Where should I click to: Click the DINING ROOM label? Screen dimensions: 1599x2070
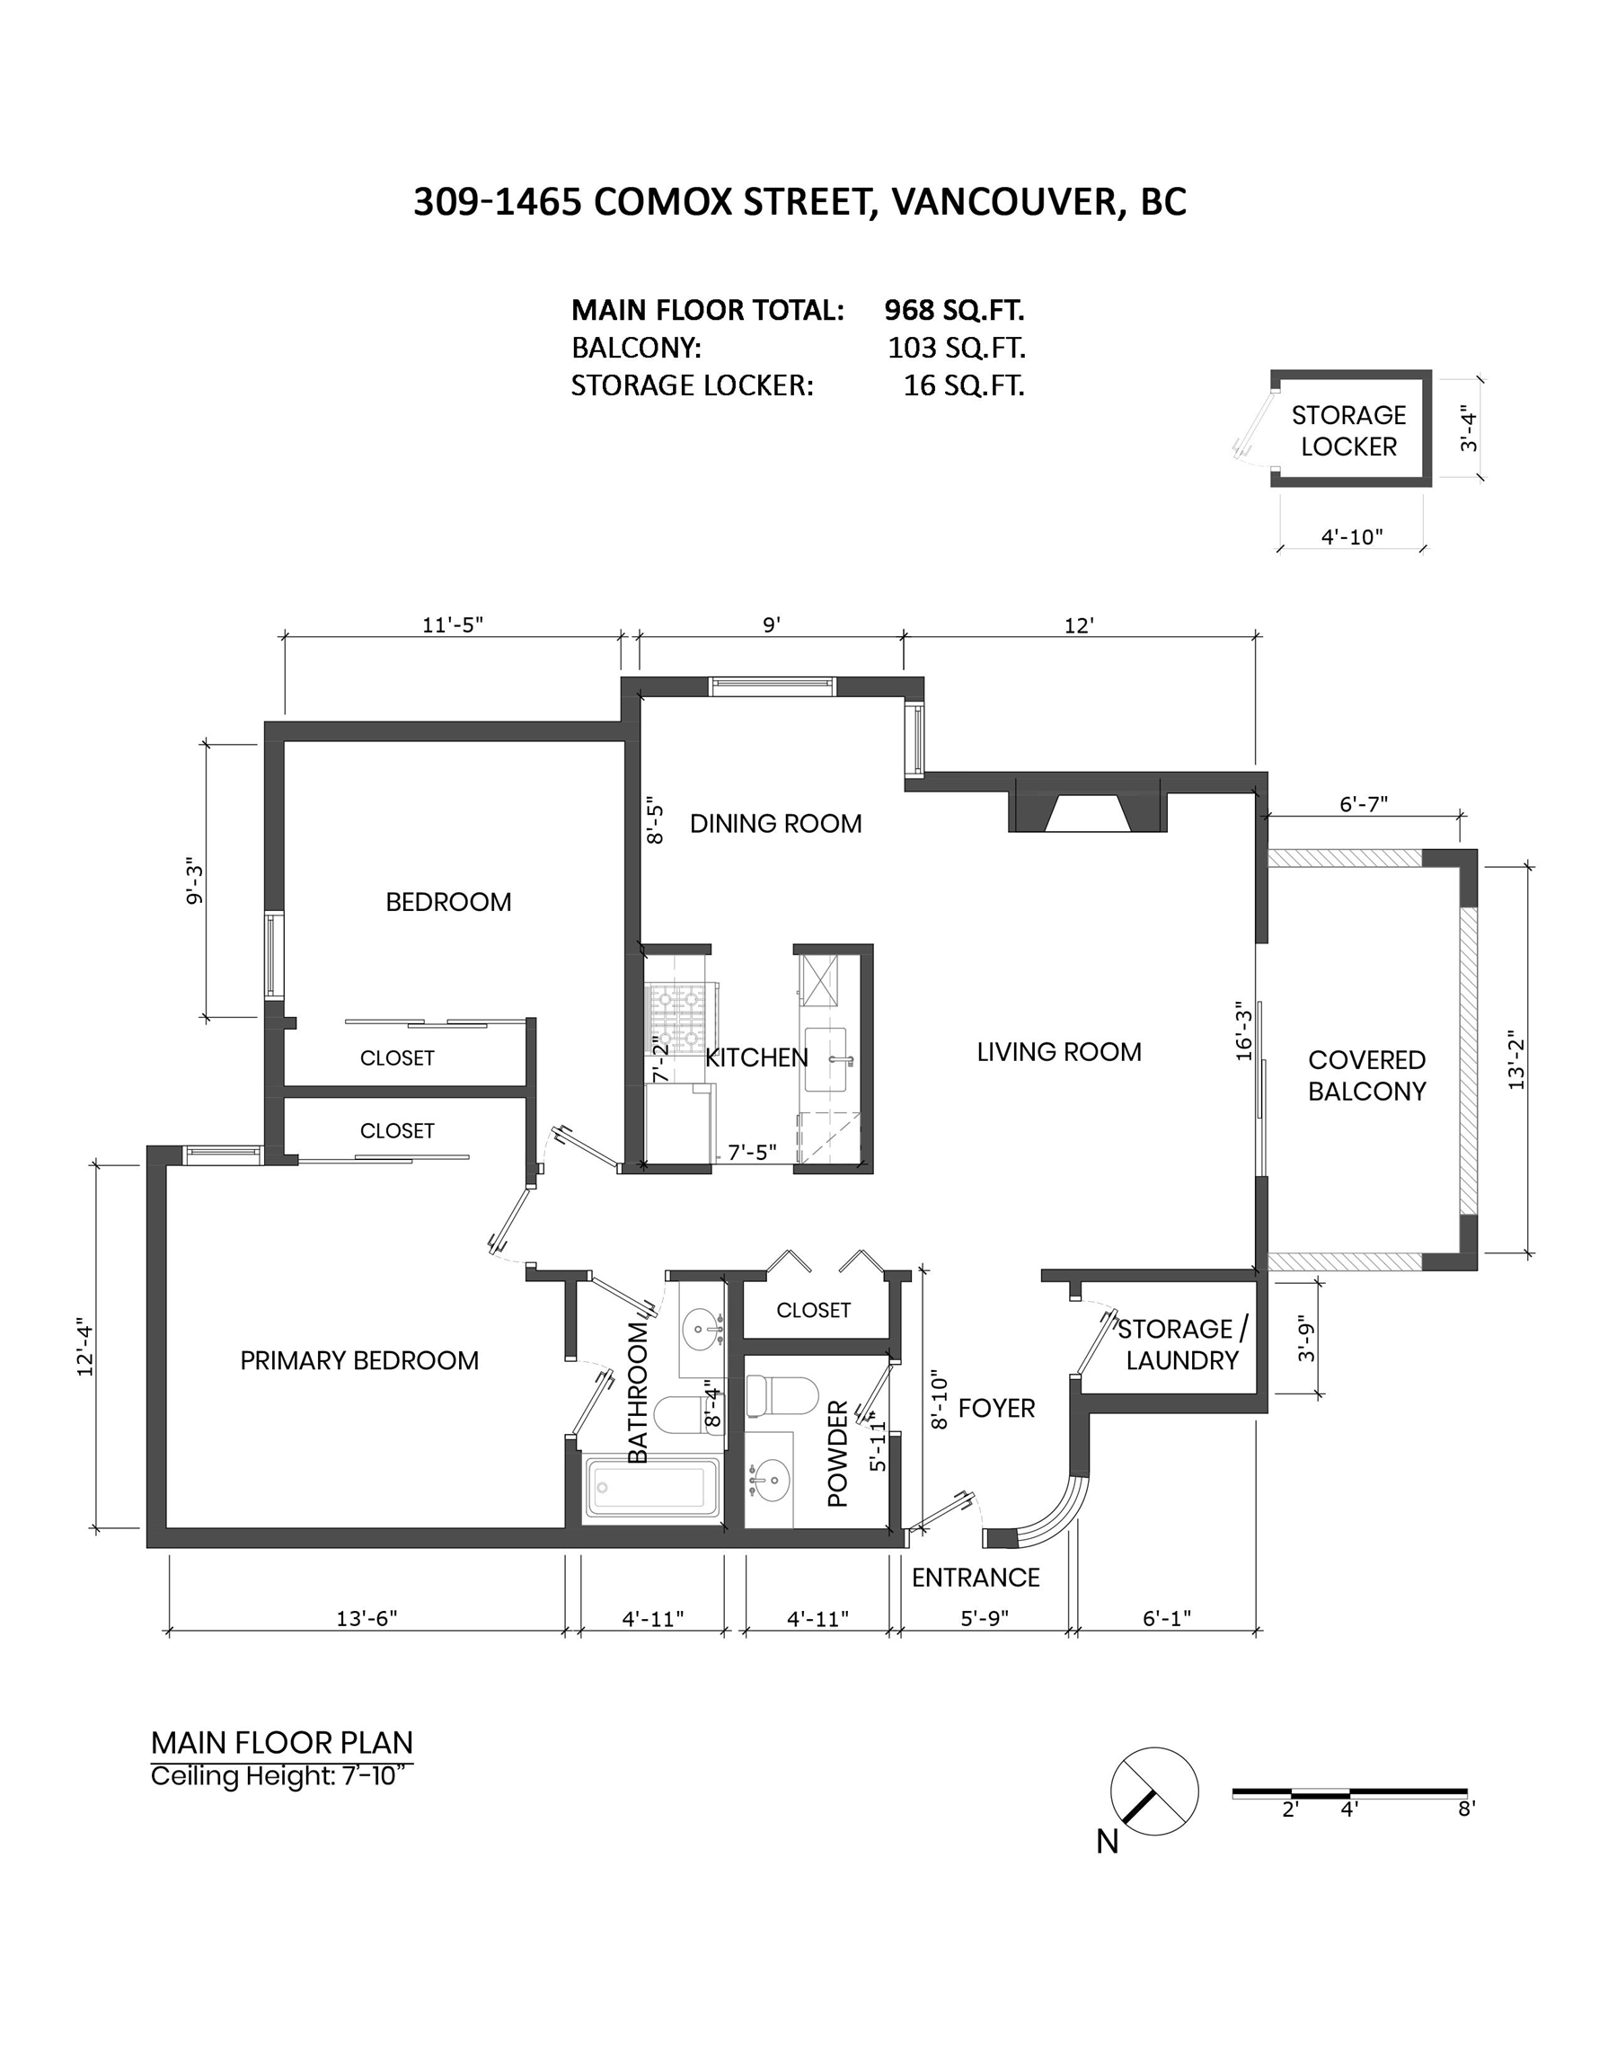775,824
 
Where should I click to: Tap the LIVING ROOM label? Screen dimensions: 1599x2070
1059,1052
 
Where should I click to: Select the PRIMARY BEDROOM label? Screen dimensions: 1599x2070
359,1361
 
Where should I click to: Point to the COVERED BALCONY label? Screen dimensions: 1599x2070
1366,1075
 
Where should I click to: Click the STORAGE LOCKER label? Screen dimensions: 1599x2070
1348,431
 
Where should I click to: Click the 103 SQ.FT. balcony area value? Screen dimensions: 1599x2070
957,348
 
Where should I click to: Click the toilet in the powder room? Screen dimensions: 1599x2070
782,1396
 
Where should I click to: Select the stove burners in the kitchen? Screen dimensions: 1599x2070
676,1013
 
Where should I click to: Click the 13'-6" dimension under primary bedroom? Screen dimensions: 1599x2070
367,1618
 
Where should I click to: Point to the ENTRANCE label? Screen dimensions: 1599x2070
976,1577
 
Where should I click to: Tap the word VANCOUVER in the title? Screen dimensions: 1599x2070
1003,202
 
